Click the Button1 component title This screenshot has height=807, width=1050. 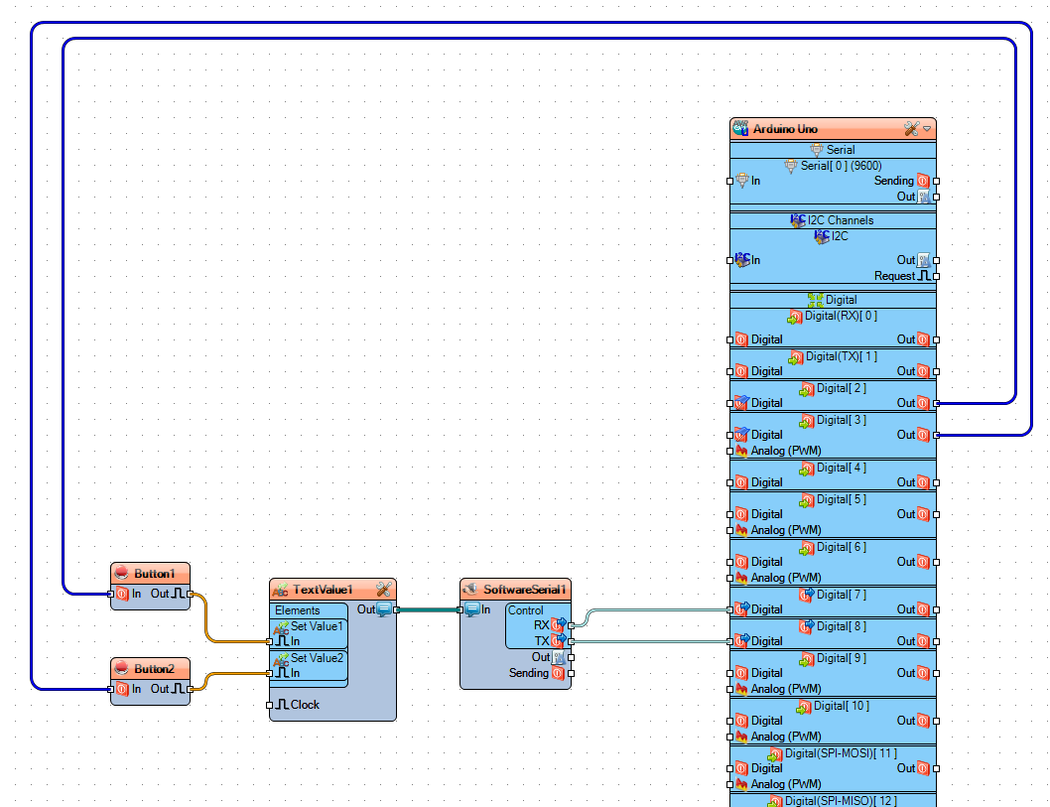pyautogui.click(x=155, y=574)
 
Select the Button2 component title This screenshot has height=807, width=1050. pyautogui.click(x=155, y=669)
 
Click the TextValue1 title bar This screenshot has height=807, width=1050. pyautogui.click(x=322, y=590)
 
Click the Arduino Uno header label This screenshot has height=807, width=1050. pyautogui.click(x=785, y=129)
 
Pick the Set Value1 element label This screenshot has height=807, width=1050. pyautogui.click(x=317, y=626)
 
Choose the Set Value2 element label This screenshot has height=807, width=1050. pyautogui.click(x=317, y=658)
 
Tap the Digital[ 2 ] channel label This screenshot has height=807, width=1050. pyautogui.click(x=841, y=388)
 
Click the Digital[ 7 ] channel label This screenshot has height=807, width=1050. pyautogui.click(x=841, y=595)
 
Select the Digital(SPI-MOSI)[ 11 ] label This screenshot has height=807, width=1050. pyautogui.click(x=841, y=753)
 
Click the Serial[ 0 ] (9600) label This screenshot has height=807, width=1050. pyautogui.click(x=841, y=166)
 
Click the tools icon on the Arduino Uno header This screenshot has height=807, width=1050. pyautogui.click(x=911, y=129)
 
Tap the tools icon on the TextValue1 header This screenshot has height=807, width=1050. pyautogui.click(x=384, y=590)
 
